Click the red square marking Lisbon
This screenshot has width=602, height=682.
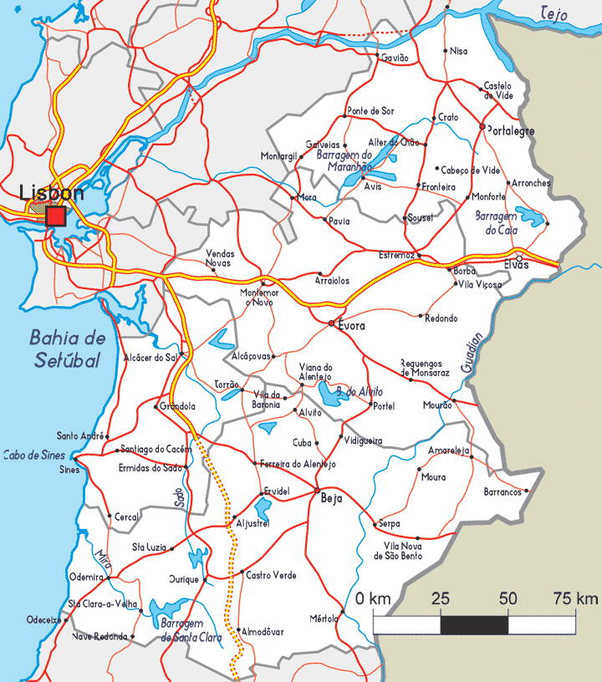56,217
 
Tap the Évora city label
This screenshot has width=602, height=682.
351,326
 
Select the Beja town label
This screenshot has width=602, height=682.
332,499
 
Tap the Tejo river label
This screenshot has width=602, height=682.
554,13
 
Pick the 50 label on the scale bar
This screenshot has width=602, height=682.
508,599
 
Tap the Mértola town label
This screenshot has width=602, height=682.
323,618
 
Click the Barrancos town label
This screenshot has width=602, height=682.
503,492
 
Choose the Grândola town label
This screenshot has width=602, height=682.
176,406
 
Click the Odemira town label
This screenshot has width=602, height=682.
87,577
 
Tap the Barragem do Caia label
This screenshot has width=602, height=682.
497,222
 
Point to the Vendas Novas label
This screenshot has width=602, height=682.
220,257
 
